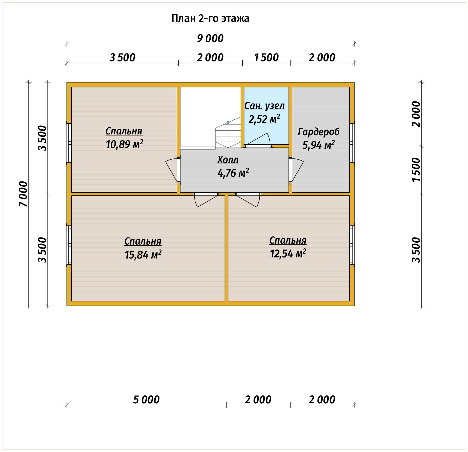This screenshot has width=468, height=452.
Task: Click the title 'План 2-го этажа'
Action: pyautogui.click(x=210, y=19)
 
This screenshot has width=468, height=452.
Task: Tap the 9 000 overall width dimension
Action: pyautogui.click(x=210, y=38)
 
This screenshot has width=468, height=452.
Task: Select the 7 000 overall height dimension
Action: pyautogui.click(x=23, y=194)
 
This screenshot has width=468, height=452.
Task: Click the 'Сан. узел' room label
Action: pyautogui.click(x=264, y=105)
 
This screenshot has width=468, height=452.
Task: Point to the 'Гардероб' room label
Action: pyautogui.click(x=319, y=132)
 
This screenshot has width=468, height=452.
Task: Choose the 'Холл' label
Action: pyautogui.click(x=228, y=160)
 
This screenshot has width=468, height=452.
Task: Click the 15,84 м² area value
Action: pyautogui.click(x=143, y=254)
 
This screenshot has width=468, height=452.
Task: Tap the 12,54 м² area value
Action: pyautogui.click(x=288, y=253)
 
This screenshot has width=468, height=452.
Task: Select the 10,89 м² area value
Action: pyautogui.click(x=124, y=144)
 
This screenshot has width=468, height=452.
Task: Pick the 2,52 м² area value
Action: pyautogui.click(x=264, y=119)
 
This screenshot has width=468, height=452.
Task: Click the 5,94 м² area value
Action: pyautogui.click(x=318, y=145)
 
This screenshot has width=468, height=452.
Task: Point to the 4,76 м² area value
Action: pyautogui.click(x=233, y=173)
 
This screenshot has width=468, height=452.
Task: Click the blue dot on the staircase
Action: pyautogui.click(x=228, y=122)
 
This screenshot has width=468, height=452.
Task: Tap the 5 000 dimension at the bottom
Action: pyautogui.click(x=146, y=400)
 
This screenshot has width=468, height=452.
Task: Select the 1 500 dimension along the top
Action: pyautogui.click(x=266, y=58)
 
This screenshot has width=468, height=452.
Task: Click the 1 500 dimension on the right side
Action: pyautogui.click(x=416, y=170)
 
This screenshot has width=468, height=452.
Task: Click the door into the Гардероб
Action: pyautogui.click(x=296, y=170)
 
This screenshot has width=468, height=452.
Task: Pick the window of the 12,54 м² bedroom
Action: pyautogui.click(x=352, y=245)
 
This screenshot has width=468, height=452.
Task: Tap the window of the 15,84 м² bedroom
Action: pyautogui.click(x=69, y=245)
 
